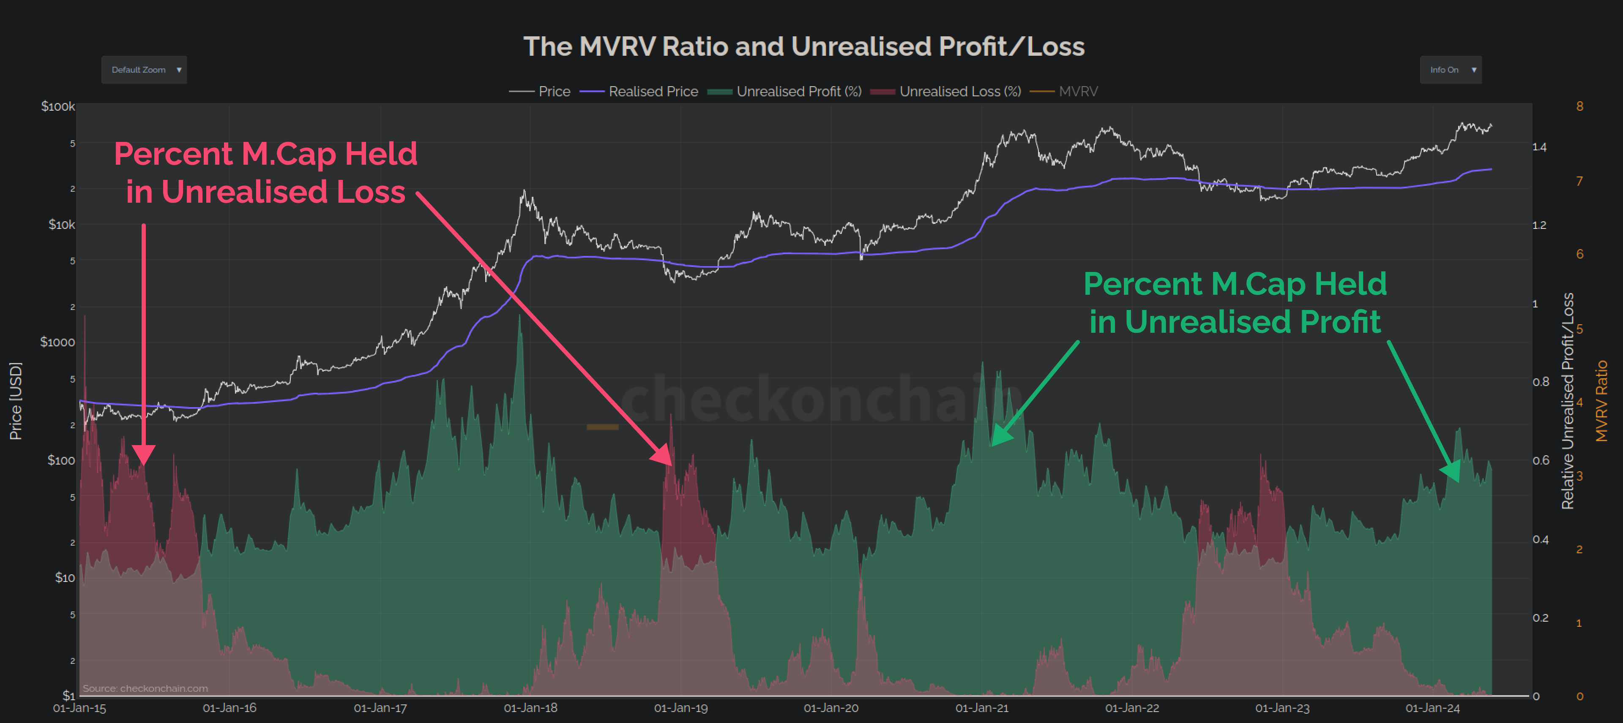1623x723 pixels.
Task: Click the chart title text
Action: (x=804, y=46)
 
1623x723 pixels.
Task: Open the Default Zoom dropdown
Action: (x=144, y=70)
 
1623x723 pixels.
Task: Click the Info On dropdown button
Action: (x=1451, y=70)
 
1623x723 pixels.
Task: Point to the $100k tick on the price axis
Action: (x=58, y=106)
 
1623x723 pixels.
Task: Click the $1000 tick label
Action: (x=57, y=342)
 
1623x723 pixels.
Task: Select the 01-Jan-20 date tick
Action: (x=831, y=708)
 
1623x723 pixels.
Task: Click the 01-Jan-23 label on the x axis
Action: (x=1282, y=708)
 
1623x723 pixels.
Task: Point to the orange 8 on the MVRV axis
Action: (x=1579, y=106)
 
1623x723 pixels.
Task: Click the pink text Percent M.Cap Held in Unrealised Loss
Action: (x=265, y=173)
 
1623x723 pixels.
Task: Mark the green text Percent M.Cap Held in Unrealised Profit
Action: (x=1235, y=303)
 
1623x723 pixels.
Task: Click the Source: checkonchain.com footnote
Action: (x=145, y=688)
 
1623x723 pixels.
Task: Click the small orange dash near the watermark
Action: (x=602, y=427)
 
